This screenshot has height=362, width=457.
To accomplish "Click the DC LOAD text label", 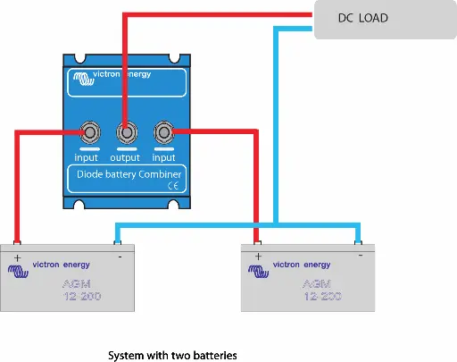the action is [363, 18].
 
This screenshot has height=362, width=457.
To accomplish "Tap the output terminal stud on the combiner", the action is [127, 132].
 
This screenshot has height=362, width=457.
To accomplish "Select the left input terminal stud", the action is [90, 132].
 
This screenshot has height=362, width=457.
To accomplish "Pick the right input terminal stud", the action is [163, 132].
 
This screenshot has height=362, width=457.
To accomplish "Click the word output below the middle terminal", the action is [125, 157].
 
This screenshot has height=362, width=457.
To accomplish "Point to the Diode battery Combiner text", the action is [129, 174].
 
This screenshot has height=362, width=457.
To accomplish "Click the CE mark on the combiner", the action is [173, 186].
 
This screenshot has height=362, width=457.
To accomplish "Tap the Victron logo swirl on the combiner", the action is [84, 79].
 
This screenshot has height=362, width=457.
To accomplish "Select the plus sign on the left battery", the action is [18, 258].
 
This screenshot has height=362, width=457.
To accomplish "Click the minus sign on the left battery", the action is [120, 257].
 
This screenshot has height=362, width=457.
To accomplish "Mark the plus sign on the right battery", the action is [258, 257].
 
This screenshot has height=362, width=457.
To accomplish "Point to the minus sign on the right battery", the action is [361, 256].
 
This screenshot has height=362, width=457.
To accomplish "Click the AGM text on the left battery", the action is [77, 284].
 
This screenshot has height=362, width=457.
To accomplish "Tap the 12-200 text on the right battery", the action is [323, 296].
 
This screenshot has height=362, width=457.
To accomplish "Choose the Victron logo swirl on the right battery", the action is [259, 271].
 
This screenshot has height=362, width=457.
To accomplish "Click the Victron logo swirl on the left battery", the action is [18, 271].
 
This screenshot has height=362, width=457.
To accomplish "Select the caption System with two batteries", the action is [172, 356].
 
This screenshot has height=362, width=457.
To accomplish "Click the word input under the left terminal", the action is [86, 157].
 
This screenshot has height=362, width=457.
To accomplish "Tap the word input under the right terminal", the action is [163, 157].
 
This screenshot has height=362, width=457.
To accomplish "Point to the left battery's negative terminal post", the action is [118, 243].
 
